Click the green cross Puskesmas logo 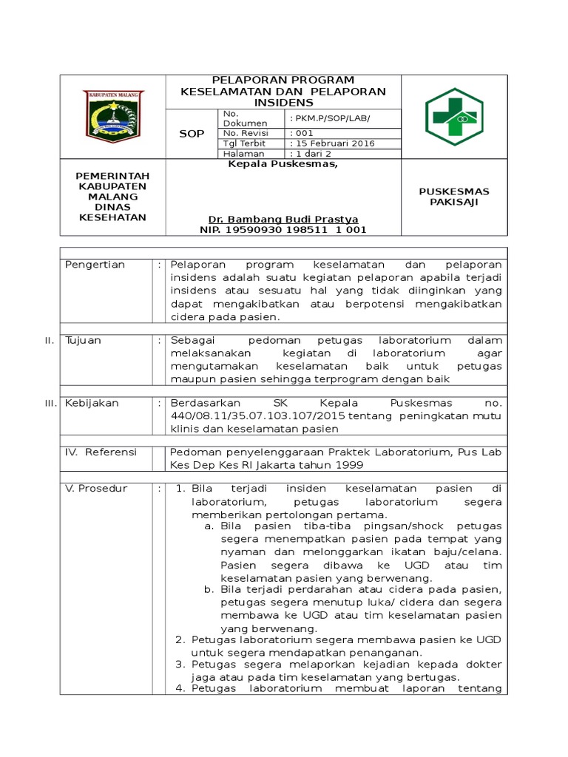(453, 117)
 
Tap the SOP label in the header (192, 133)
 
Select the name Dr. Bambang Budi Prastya (283, 220)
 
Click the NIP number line (283, 230)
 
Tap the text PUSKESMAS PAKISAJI (453, 197)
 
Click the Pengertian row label (95, 265)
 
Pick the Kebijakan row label (92, 404)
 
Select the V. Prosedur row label (96, 489)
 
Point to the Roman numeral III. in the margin (50, 404)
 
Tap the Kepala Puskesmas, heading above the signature (283, 164)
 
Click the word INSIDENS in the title (283, 102)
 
